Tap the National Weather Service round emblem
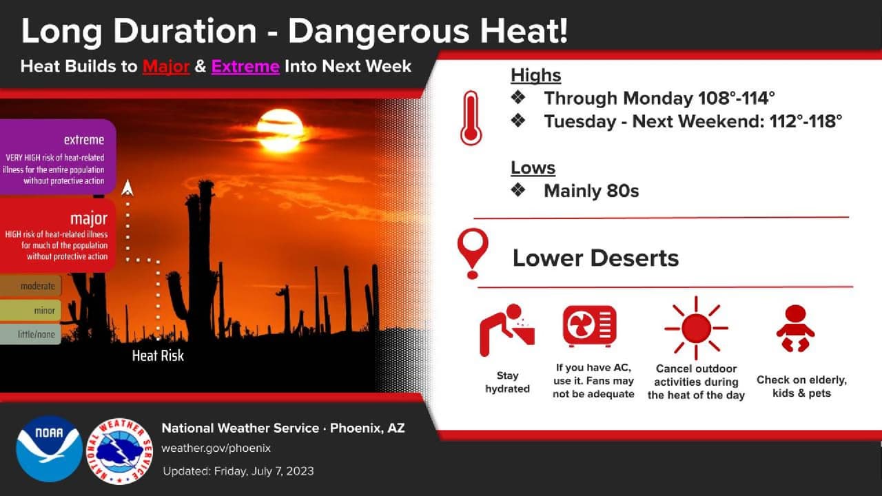tap(120, 451)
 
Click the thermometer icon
tap(471, 118)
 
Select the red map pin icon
tap(473, 253)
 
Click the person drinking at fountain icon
tap(506, 330)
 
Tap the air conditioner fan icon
tap(589, 326)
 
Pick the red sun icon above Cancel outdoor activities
tap(696, 328)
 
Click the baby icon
tap(795, 328)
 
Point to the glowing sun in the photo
tap(280, 130)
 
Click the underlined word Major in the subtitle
tap(166, 67)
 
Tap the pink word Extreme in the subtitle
tap(245, 67)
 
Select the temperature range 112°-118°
tap(806, 121)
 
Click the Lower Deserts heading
tap(595, 258)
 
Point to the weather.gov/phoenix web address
tap(216, 448)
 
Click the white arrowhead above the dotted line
tap(127, 187)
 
